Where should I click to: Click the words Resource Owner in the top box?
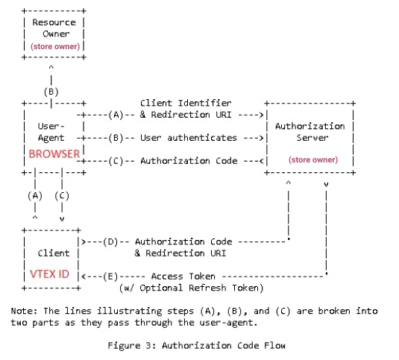[x=54, y=28]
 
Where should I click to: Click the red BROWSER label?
[x=54, y=154]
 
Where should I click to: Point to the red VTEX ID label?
[x=49, y=274]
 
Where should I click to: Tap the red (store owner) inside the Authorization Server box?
[x=312, y=160]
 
